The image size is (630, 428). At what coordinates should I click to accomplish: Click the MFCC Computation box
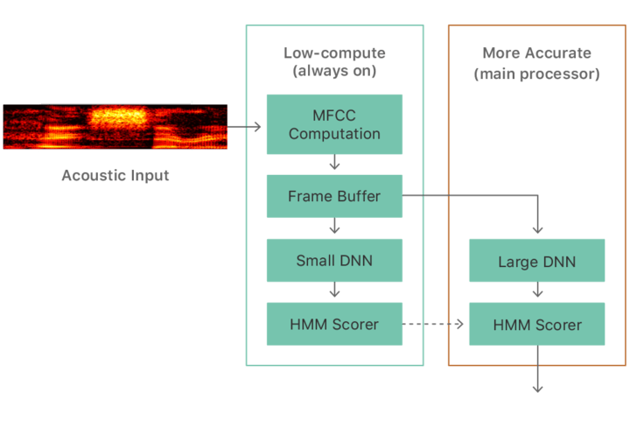click(x=334, y=125)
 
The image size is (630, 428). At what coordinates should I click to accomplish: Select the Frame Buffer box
click(x=334, y=196)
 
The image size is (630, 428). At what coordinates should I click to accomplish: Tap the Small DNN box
click(x=334, y=261)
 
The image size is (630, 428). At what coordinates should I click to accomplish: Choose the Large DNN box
click(x=537, y=262)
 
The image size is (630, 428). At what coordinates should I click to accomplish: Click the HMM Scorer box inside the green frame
click(x=334, y=324)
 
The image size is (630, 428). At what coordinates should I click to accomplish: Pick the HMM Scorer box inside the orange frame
click(x=537, y=325)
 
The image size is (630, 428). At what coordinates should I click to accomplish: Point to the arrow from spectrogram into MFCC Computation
click(x=248, y=127)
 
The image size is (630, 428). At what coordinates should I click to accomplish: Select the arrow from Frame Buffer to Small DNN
click(x=334, y=228)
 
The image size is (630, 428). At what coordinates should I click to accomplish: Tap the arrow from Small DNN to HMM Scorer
click(x=334, y=292)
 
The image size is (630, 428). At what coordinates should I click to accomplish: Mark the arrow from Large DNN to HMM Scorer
click(x=537, y=292)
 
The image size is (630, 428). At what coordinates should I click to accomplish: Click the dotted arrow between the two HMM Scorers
click(x=434, y=325)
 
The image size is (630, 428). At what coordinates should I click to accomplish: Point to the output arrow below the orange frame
click(x=537, y=377)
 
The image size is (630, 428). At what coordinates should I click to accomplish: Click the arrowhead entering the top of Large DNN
click(x=537, y=228)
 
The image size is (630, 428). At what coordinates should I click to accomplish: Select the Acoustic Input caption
click(x=115, y=175)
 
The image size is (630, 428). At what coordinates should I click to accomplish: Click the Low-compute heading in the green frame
click(x=334, y=53)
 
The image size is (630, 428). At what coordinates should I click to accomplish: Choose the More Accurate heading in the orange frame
click(x=537, y=53)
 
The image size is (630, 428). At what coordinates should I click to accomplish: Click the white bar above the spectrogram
click(x=115, y=102)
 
